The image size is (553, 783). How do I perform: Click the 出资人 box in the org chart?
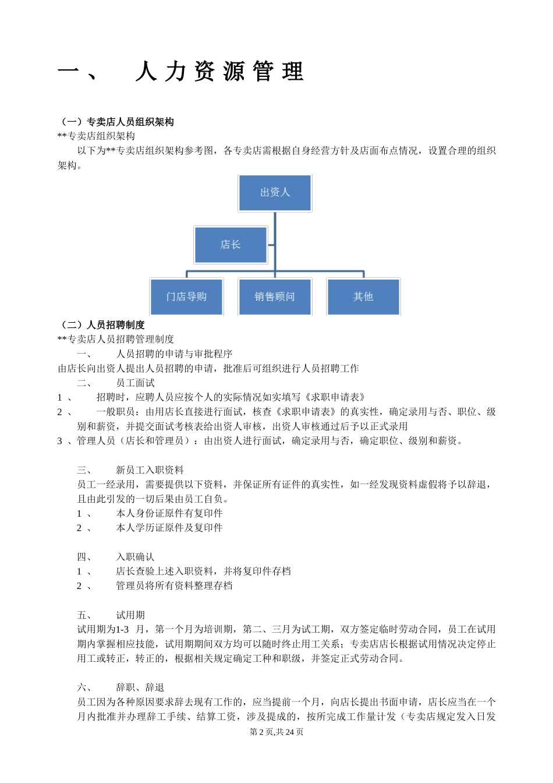pyautogui.click(x=275, y=193)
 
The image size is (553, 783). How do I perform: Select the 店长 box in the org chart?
pyautogui.click(x=231, y=245)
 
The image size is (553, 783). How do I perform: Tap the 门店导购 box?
pyautogui.click(x=186, y=297)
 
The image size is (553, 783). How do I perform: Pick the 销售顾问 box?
pyautogui.click(x=275, y=297)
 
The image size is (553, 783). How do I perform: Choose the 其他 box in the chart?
pyautogui.click(x=363, y=297)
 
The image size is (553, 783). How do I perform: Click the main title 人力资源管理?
pyautogui.click(x=219, y=72)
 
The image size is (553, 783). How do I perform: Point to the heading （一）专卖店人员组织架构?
pyautogui.click(x=116, y=122)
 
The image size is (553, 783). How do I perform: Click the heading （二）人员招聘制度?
pyautogui.click(x=101, y=325)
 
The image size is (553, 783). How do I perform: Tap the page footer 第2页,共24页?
pyautogui.click(x=276, y=732)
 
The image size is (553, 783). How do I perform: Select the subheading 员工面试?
pyautogui.click(x=135, y=383)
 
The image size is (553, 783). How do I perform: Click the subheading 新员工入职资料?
pyautogui.click(x=150, y=470)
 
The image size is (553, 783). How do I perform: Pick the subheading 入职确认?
pyautogui.click(x=135, y=557)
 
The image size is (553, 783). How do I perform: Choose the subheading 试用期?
pyautogui.click(x=130, y=615)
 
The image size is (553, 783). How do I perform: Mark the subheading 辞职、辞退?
pyautogui.click(x=140, y=687)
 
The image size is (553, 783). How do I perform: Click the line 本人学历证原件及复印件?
pyautogui.click(x=169, y=528)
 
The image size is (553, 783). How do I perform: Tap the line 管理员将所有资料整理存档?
pyautogui.click(x=174, y=586)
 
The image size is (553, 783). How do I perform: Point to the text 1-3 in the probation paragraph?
pyautogui.click(x=122, y=630)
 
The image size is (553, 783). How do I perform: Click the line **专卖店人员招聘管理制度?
pyautogui.click(x=116, y=339)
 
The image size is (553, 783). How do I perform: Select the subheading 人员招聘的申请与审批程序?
pyautogui.click(x=174, y=354)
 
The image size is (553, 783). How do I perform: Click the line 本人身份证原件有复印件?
pyautogui.click(x=169, y=513)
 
